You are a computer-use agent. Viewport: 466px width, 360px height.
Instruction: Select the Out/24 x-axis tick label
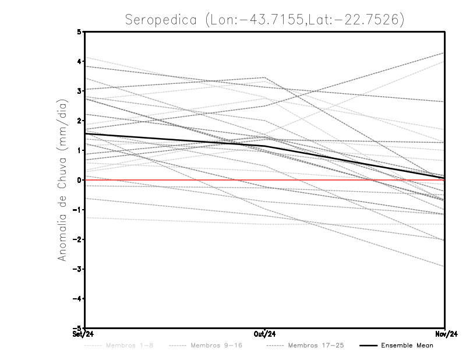(265, 334)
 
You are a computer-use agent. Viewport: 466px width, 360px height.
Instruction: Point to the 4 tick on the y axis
(80, 61)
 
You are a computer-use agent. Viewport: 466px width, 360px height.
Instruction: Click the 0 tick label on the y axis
(80, 180)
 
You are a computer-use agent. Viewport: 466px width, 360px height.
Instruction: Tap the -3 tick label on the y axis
(78, 269)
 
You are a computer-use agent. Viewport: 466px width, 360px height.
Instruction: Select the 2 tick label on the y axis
(80, 121)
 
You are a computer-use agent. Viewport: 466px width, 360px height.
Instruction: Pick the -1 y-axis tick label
(78, 210)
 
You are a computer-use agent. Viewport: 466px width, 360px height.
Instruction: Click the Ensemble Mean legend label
(407, 345)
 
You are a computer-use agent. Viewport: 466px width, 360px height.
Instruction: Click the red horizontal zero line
(349, 180)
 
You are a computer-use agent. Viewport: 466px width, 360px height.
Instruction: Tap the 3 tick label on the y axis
(80, 91)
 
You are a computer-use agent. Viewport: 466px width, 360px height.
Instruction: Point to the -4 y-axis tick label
(78, 298)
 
